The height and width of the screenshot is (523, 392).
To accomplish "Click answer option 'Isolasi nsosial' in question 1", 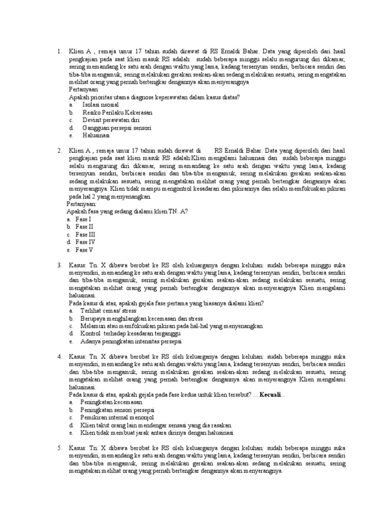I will coord(101,105).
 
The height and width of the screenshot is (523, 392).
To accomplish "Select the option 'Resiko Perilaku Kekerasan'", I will coord(117,112).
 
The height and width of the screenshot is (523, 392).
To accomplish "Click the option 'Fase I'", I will coord(83,219).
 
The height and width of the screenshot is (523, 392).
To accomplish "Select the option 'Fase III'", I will coord(85,234).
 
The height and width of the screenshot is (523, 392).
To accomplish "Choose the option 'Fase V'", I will coord(84,250).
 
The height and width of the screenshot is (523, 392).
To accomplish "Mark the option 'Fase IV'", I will coord(85,242).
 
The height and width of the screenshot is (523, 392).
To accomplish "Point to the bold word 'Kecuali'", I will coord(271,395).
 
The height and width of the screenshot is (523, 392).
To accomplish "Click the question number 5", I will coord(59,448).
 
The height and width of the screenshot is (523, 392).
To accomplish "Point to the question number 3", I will coord(59,265).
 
